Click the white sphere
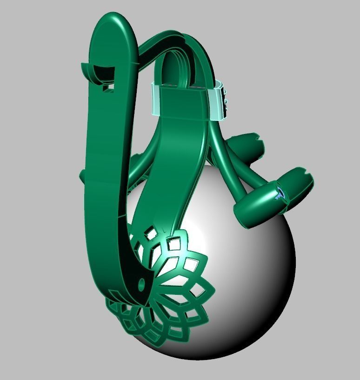pos(251,279)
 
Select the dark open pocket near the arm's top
pos(102,72)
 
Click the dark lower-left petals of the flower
pos(126,316)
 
